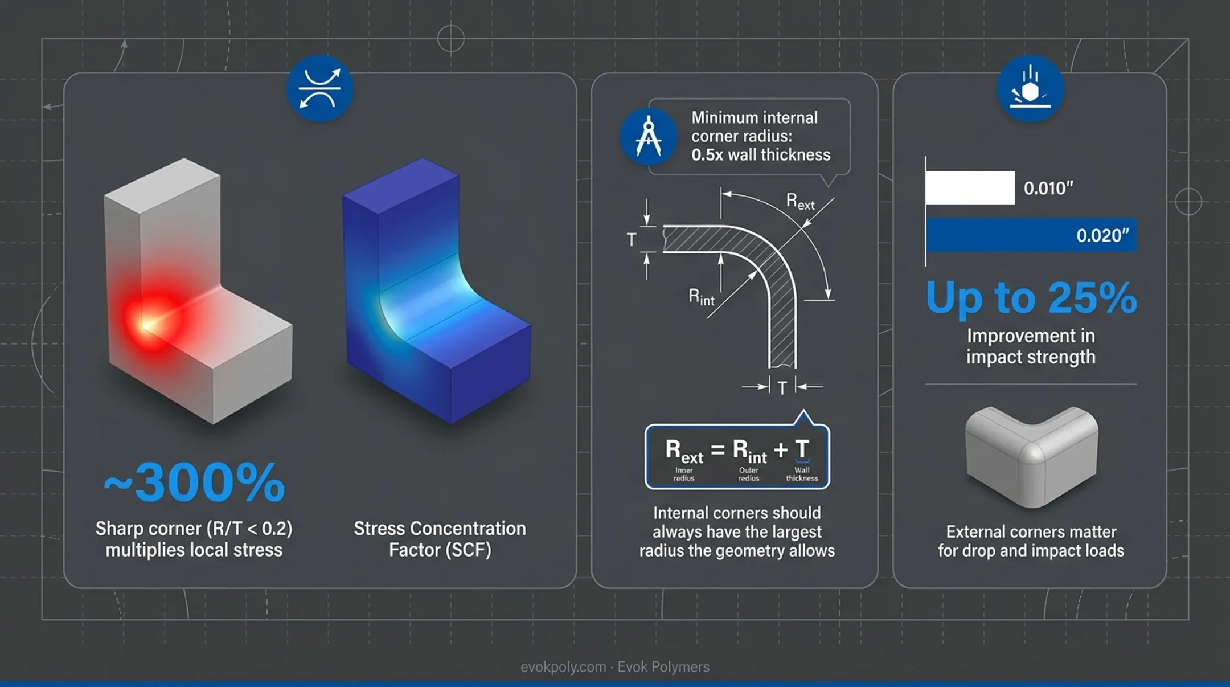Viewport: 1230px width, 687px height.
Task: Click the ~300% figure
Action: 194,482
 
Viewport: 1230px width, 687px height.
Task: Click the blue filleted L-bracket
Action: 436,291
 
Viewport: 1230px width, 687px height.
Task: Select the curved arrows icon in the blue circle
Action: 319,88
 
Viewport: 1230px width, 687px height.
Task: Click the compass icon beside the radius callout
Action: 649,137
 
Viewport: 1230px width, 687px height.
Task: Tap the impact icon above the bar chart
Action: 1030,88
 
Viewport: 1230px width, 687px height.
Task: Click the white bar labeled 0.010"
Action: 970,187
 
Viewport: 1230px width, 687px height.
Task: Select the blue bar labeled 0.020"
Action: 1031,235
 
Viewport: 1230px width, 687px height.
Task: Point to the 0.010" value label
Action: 1048,188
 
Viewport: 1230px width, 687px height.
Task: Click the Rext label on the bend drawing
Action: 800,202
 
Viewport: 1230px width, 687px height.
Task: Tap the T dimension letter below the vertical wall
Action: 782,388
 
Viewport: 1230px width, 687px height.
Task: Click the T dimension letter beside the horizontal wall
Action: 631,240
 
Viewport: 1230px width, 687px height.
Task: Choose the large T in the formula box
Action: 802,449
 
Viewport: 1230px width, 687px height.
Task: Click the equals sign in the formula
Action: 717,450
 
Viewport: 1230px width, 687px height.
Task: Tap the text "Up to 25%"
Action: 1031,297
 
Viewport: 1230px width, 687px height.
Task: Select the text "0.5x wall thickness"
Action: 761,155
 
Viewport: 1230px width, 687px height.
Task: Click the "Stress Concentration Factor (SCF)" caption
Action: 440,539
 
